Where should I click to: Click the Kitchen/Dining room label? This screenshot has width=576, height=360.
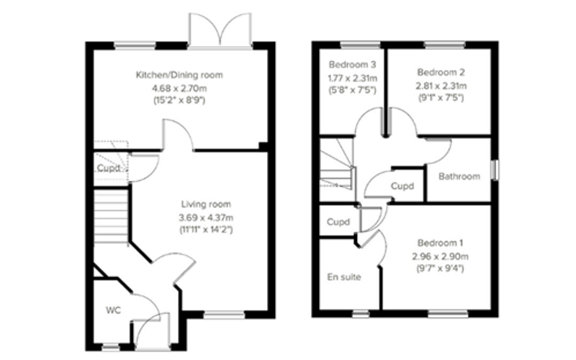pyautogui.click(x=179, y=75)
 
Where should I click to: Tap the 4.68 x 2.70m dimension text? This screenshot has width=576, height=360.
pyautogui.click(x=179, y=88)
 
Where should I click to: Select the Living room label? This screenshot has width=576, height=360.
pyautogui.click(x=206, y=204)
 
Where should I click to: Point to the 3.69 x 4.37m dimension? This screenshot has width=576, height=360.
pyautogui.click(x=206, y=217)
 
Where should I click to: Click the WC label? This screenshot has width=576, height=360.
pyautogui.click(x=113, y=310)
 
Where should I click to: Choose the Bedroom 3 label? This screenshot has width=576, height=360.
pyautogui.click(x=352, y=65)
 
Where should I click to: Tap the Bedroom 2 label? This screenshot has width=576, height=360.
pyautogui.click(x=441, y=72)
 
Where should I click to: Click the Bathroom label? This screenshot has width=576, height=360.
pyautogui.click(x=459, y=176)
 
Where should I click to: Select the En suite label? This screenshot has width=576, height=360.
pyautogui.click(x=344, y=277)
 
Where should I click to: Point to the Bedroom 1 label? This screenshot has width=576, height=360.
pyautogui.click(x=440, y=243)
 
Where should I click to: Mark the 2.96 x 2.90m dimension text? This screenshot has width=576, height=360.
pyautogui.click(x=440, y=256)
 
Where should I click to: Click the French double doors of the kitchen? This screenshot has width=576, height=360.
pyautogui.click(x=220, y=30)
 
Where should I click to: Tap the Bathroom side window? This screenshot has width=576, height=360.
pyautogui.click(x=495, y=170)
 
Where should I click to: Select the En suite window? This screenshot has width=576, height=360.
pyautogui.click(x=361, y=314)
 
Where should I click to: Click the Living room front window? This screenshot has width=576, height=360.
pyautogui.click(x=224, y=315)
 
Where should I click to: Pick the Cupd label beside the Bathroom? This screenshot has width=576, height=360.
pyautogui.click(x=402, y=186)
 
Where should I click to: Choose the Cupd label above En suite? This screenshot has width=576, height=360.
pyautogui.click(x=338, y=222)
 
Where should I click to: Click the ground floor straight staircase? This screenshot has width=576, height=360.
pyautogui.click(x=112, y=216)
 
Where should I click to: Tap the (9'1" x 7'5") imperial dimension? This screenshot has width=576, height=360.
pyautogui.click(x=441, y=98)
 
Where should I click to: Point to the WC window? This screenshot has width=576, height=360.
pyautogui.click(x=111, y=346)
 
